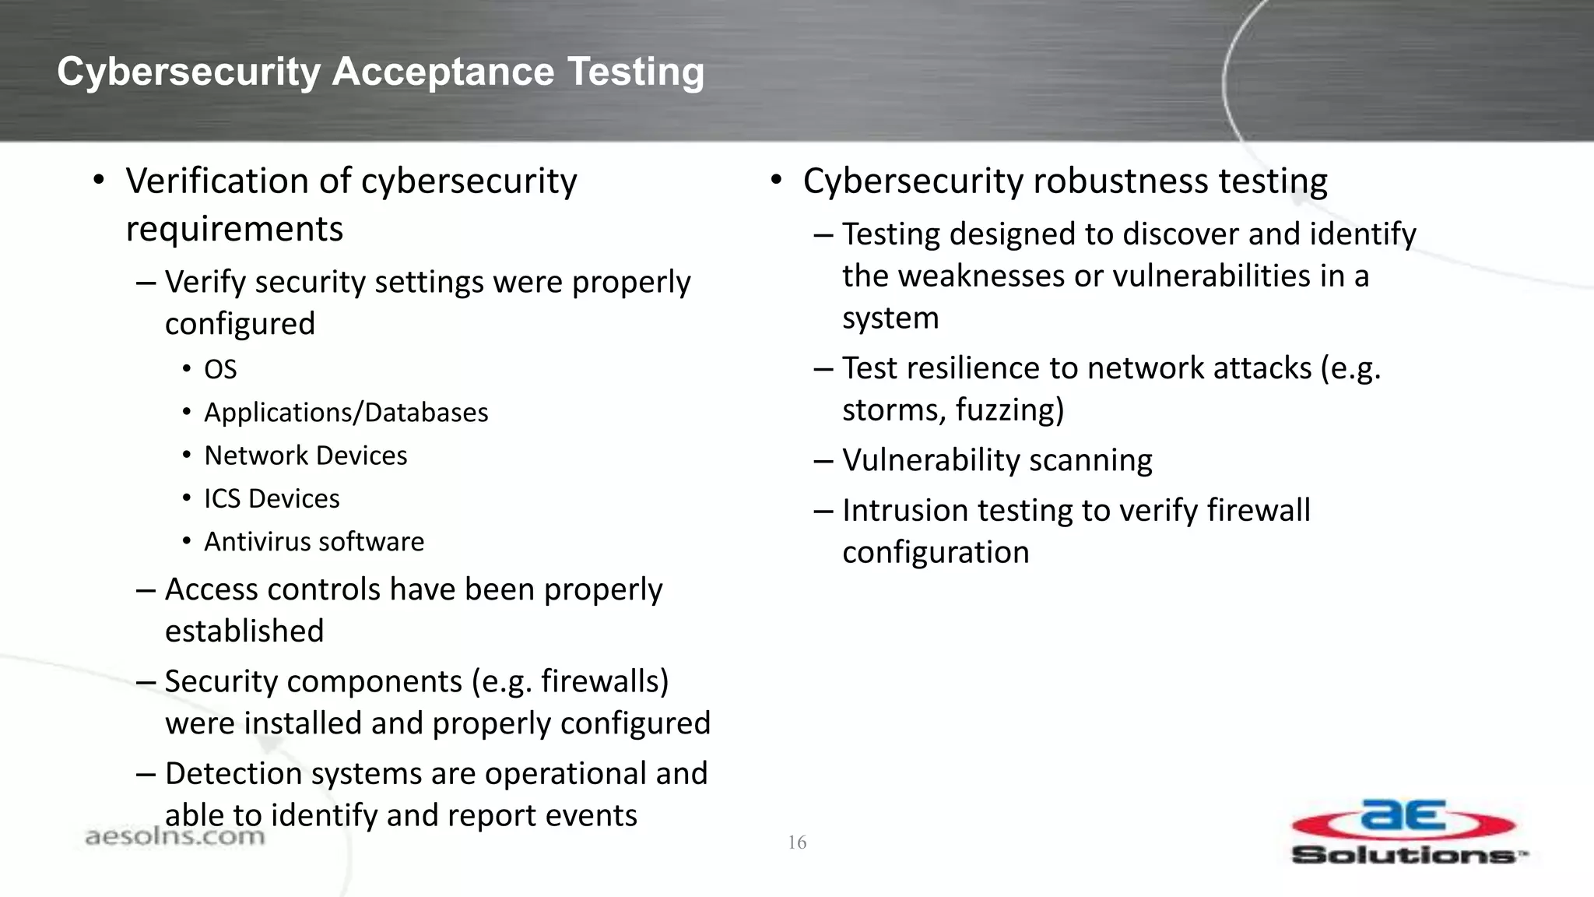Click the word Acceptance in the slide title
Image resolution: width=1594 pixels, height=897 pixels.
[x=443, y=72]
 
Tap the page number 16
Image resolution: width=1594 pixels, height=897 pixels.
[x=797, y=842]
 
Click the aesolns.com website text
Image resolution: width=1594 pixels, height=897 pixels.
[x=174, y=837]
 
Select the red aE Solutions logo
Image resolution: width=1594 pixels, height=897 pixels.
[x=1406, y=832]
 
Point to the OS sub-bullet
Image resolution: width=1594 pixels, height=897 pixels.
[x=220, y=369]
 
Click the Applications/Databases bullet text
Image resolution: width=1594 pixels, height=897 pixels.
[x=346, y=413]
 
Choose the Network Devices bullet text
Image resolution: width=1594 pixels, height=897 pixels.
[x=305, y=456]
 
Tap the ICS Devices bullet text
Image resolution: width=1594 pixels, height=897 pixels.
[x=272, y=498]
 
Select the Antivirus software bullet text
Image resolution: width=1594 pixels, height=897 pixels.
[x=314, y=542]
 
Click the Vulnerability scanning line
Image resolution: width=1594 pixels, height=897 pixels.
[x=997, y=460]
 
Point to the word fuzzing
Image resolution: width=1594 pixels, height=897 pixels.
[x=1008, y=410]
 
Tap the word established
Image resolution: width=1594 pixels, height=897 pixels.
[x=244, y=631]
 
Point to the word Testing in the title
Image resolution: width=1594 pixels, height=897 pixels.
[x=636, y=72]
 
